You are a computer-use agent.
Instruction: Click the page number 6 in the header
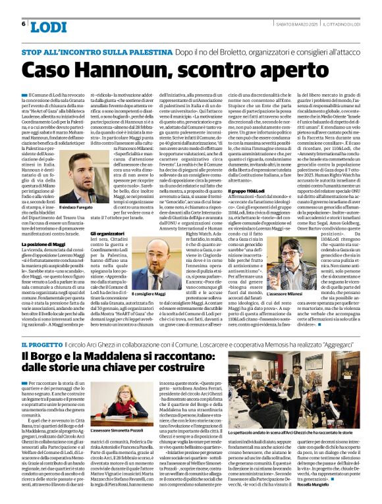[x=24, y=24]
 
